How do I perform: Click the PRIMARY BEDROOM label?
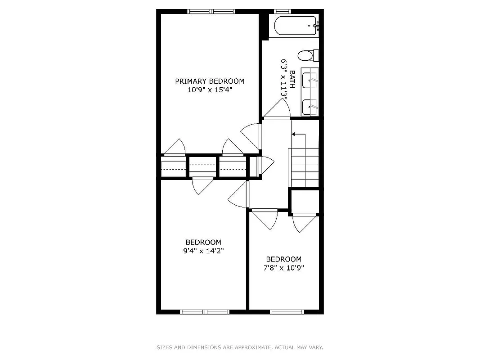(210, 81)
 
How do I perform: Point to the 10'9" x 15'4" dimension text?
(210, 90)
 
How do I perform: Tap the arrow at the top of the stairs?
(294, 134)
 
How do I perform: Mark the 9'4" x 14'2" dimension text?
(203, 251)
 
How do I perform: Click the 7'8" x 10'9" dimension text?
(284, 268)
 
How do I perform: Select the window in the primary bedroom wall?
(211, 12)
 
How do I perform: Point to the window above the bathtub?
(283, 11)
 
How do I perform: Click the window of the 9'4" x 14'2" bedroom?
(205, 311)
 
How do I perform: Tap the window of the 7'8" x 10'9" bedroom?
(287, 311)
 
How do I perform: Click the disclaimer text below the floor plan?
(240, 347)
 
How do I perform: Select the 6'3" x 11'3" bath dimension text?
(284, 79)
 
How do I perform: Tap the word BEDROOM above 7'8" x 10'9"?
(284, 259)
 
